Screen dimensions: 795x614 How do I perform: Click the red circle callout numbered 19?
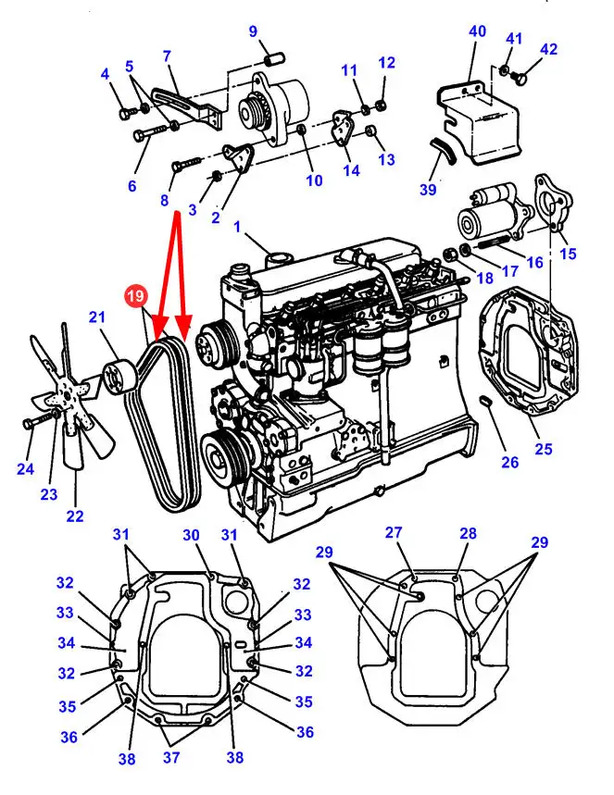tap(135, 297)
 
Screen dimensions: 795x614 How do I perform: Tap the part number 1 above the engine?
tap(237, 227)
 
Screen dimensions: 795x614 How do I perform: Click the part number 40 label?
tap(478, 31)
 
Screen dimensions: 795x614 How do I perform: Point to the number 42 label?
tap(549, 49)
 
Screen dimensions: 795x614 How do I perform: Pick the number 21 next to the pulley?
tap(97, 318)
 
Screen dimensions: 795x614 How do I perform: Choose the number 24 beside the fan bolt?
tap(24, 469)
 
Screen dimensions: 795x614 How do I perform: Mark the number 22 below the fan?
tap(74, 516)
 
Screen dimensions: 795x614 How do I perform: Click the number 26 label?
tap(510, 462)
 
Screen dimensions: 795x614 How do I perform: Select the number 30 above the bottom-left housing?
tap(191, 536)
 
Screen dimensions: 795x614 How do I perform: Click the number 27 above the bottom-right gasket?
tap(395, 532)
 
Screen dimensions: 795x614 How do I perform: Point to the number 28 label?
tap(468, 533)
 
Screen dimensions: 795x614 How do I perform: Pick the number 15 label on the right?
tap(568, 253)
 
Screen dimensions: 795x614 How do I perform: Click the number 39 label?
tap(427, 190)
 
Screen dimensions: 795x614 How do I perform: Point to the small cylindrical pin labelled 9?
tap(273, 58)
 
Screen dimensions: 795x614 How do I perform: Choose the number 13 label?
tap(387, 159)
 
